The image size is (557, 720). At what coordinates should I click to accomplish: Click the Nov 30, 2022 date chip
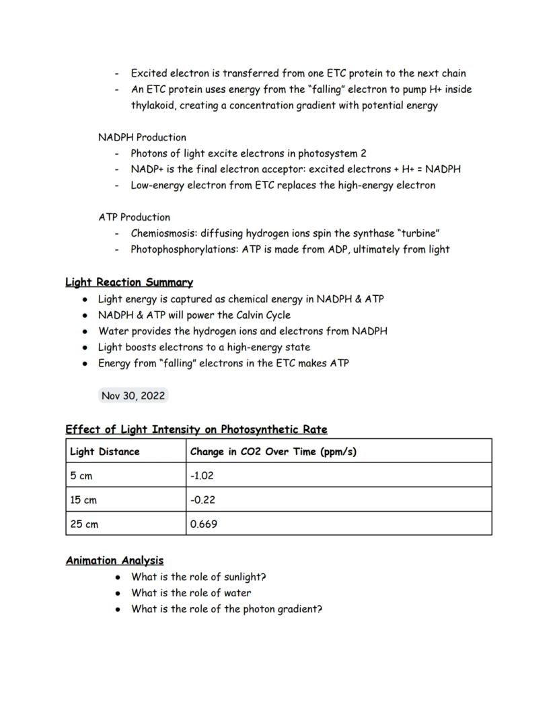pos(133,396)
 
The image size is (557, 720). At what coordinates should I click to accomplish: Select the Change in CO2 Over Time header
pos(273,451)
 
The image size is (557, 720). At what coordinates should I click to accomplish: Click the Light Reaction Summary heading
pos(129,282)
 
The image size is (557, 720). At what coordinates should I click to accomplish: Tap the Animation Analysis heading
pos(114,560)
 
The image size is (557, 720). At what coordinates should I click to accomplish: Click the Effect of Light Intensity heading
pos(196,429)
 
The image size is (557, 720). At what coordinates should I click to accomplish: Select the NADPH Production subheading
pos(142,137)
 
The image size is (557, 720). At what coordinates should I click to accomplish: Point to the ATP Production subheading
pos(134,217)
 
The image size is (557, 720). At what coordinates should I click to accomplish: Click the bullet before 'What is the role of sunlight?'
pos(118,577)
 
